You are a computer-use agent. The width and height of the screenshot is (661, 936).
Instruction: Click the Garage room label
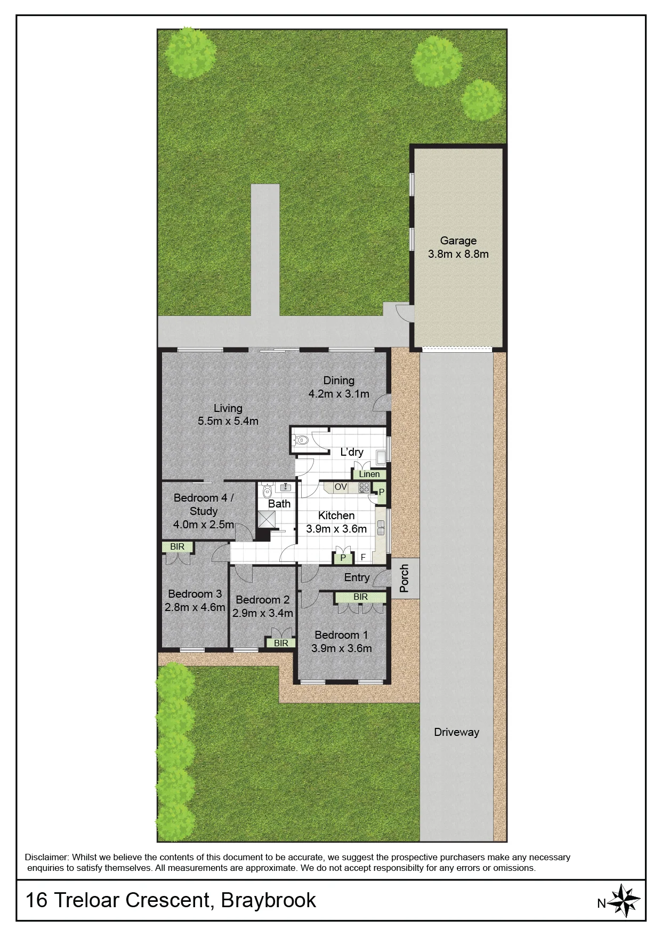(x=458, y=241)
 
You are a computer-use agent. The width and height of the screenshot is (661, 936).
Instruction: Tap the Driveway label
(x=456, y=732)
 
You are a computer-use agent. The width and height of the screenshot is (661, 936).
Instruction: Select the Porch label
(x=404, y=578)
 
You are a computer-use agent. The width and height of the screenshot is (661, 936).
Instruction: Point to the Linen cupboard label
(x=369, y=474)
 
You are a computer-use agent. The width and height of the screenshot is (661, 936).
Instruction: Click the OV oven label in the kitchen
(x=341, y=487)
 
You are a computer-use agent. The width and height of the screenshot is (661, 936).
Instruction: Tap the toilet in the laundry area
(x=300, y=440)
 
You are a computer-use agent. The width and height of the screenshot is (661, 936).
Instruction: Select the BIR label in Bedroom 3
(x=178, y=546)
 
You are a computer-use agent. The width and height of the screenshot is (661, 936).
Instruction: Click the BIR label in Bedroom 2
(x=281, y=643)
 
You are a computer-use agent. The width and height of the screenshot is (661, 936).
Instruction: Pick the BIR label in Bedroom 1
(x=360, y=597)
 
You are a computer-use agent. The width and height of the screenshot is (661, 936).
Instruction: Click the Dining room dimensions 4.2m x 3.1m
(x=339, y=394)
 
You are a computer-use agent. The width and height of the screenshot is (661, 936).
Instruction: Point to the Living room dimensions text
(x=228, y=421)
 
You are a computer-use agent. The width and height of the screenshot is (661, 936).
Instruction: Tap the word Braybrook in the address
(x=269, y=900)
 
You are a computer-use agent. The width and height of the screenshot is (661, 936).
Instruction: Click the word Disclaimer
(x=46, y=857)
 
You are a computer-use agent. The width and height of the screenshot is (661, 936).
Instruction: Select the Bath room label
(x=279, y=504)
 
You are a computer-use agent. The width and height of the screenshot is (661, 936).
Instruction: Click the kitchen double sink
(x=381, y=528)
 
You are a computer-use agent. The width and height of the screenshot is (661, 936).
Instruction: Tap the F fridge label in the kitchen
(x=363, y=557)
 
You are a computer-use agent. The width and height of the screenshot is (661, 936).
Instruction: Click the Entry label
(x=357, y=577)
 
